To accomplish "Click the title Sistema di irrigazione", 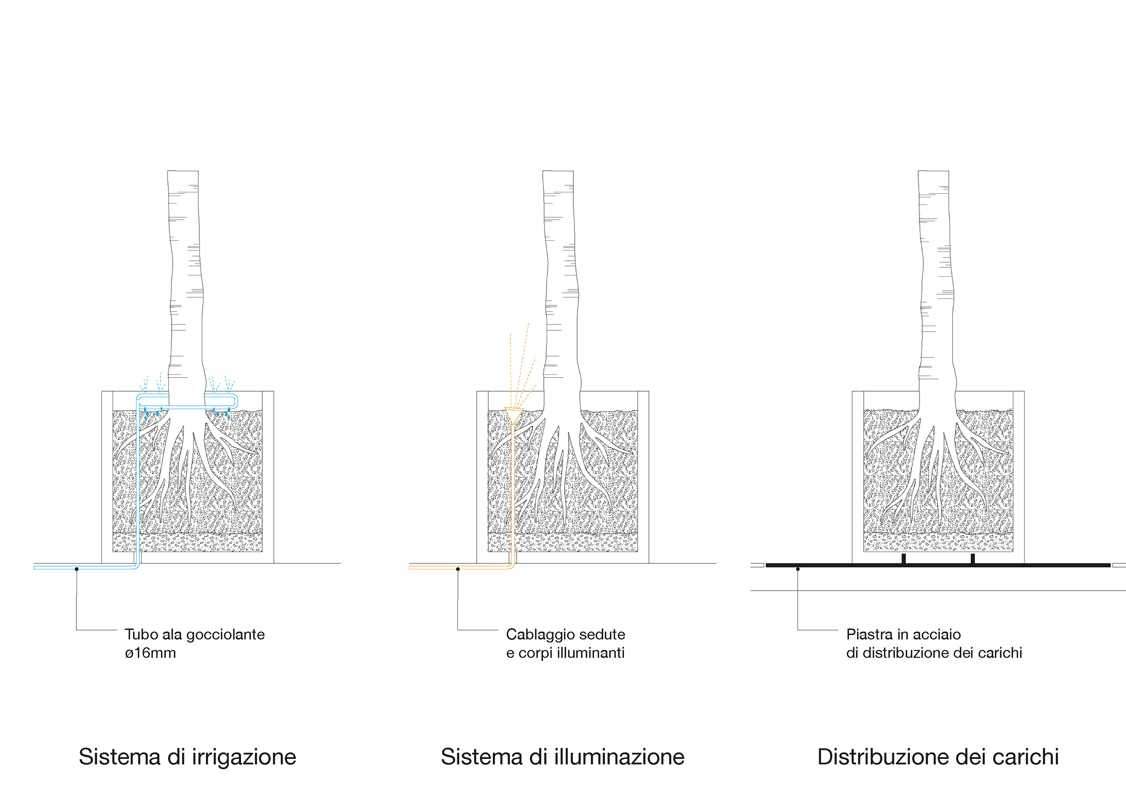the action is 187,757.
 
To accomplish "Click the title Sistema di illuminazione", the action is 563,757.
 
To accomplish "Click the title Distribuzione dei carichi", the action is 938,757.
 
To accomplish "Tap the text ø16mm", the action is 150,653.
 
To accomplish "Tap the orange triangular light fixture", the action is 513,415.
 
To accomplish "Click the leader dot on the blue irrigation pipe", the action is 76,569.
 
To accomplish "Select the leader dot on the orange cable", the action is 457,569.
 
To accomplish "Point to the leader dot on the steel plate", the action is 798,569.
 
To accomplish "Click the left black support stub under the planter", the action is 903,559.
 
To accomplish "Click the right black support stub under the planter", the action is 973,559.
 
